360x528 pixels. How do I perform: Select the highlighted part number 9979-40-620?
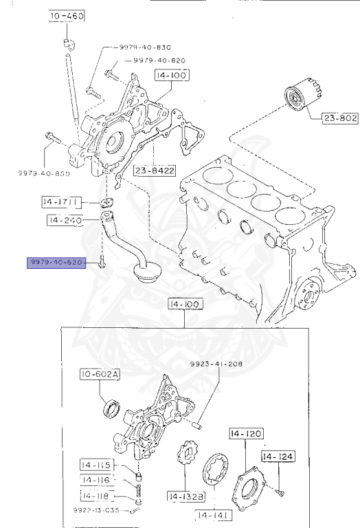click(x=56, y=263)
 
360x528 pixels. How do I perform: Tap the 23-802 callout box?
click(x=340, y=118)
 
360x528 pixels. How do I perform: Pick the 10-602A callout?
click(x=99, y=375)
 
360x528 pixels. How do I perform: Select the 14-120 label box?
click(x=245, y=434)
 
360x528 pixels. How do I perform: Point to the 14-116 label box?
click(x=99, y=479)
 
